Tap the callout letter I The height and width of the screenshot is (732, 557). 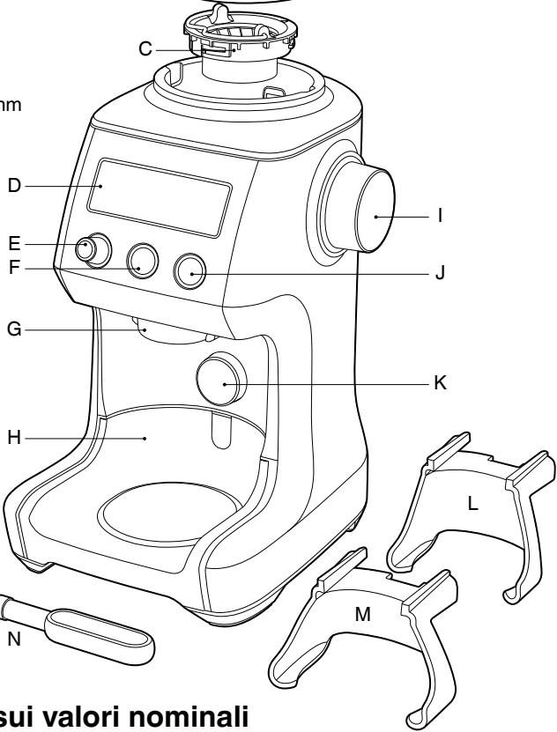click(x=441, y=215)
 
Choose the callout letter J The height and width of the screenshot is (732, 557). click(x=439, y=274)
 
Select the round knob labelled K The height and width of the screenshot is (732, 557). click(x=219, y=380)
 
